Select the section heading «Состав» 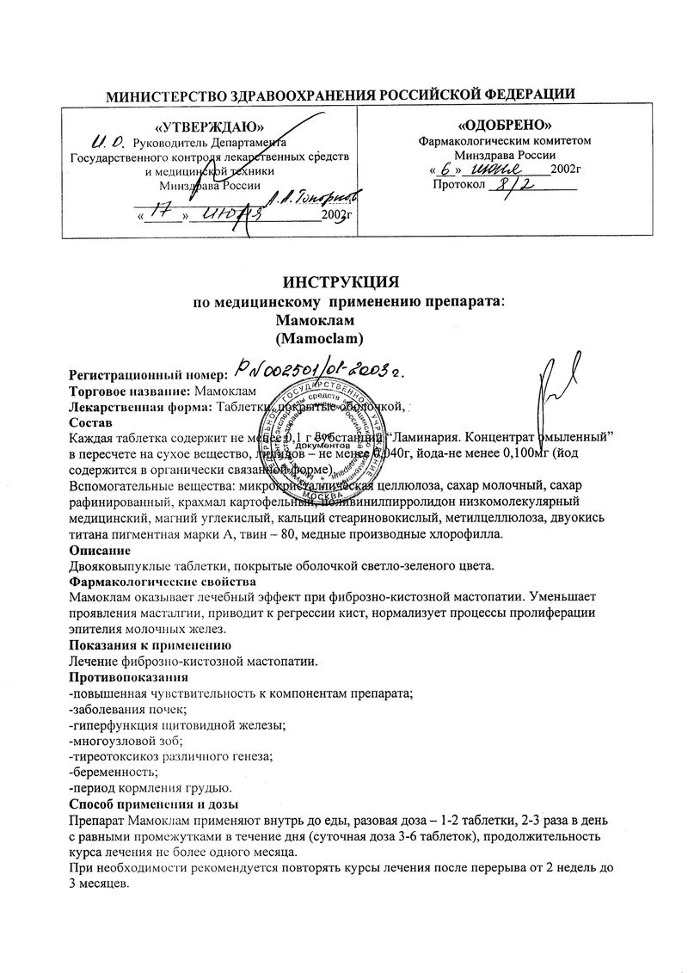coord(90,422)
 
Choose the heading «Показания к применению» coord(149,644)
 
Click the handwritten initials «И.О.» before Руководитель coord(107,140)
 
